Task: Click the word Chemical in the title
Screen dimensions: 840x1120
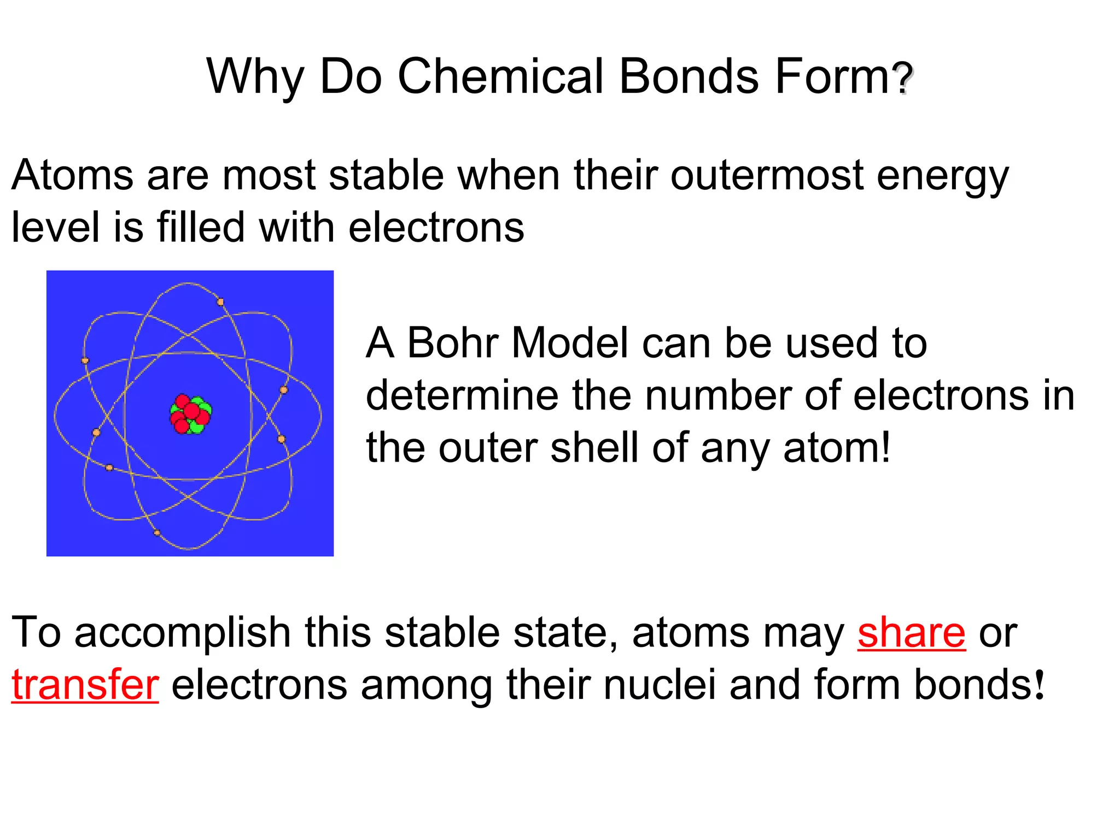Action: point(500,76)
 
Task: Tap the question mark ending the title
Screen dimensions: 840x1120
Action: point(903,78)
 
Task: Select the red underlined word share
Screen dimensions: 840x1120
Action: point(911,633)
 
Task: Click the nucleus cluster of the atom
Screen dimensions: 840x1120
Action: point(190,414)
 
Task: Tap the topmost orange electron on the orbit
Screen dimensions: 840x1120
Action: point(220,302)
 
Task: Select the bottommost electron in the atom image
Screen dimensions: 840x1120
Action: point(157,533)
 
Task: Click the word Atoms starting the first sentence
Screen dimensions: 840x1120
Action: point(72,176)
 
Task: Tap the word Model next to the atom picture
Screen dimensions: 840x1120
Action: point(569,343)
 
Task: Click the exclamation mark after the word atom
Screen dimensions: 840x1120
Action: point(885,447)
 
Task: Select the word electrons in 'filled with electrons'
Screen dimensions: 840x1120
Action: point(436,227)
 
